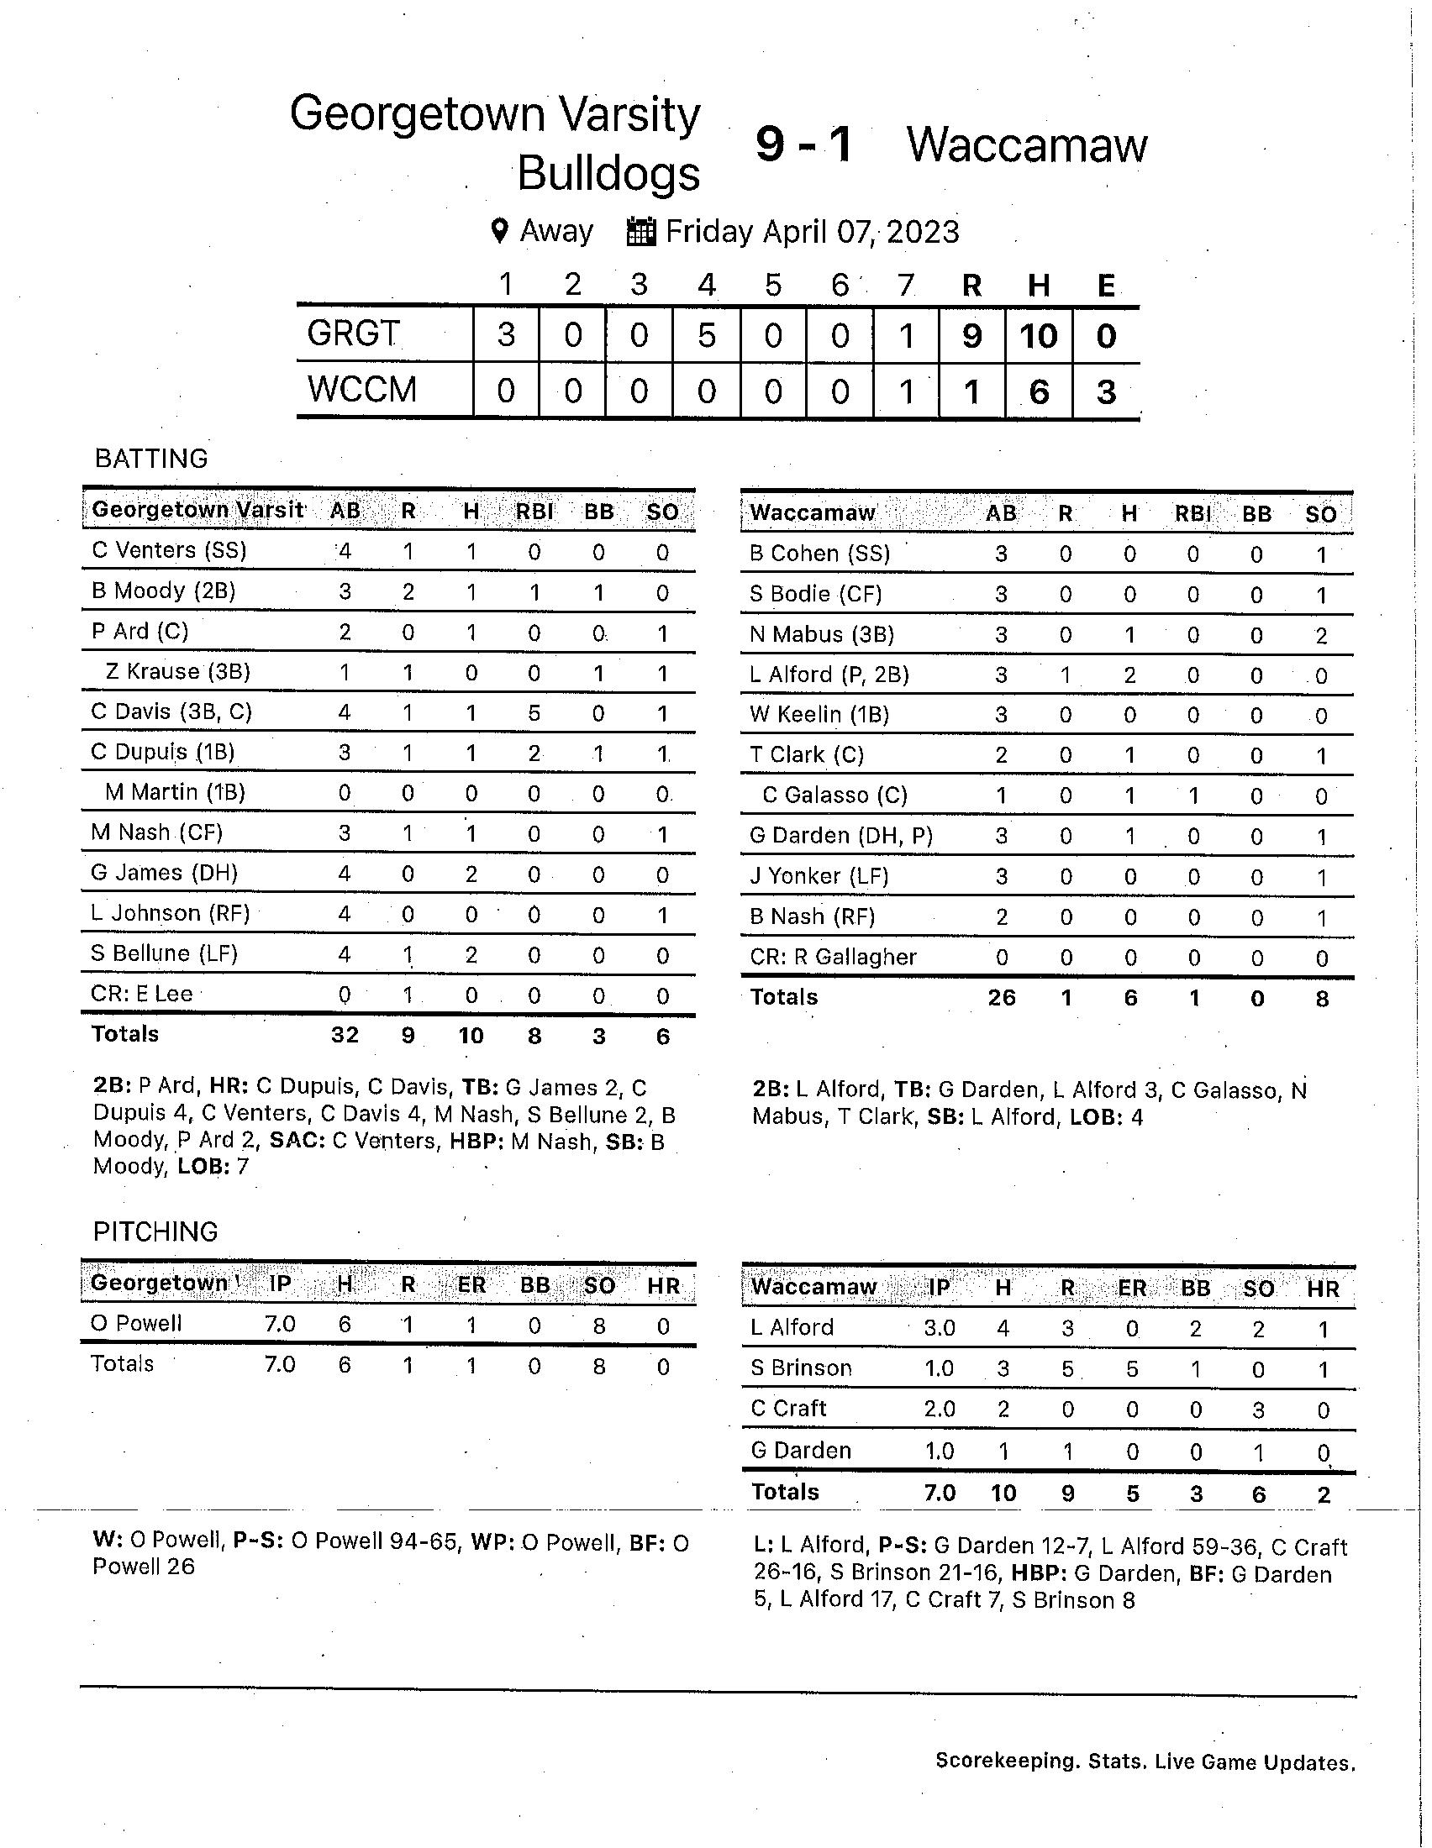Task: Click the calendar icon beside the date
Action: tap(641, 232)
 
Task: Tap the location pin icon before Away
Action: tap(500, 231)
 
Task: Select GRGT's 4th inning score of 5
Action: tap(706, 336)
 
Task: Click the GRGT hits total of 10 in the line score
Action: tap(1039, 336)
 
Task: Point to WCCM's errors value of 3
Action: tap(1105, 391)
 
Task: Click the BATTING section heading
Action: tap(151, 459)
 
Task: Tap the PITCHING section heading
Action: tap(155, 1231)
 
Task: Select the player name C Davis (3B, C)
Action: tap(171, 711)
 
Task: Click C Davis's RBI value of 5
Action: tap(534, 712)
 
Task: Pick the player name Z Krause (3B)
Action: tap(177, 672)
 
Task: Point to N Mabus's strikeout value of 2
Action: tap(1321, 636)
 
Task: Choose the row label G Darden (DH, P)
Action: tap(841, 836)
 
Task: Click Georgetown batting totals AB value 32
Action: tap(345, 1034)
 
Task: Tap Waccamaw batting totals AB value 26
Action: tap(1001, 998)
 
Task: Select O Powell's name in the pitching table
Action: tap(136, 1323)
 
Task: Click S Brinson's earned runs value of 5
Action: tap(1131, 1369)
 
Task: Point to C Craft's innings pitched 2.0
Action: tap(940, 1409)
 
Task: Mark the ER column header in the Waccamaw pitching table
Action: tap(1131, 1288)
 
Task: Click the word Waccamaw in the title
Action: tap(1027, 144)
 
